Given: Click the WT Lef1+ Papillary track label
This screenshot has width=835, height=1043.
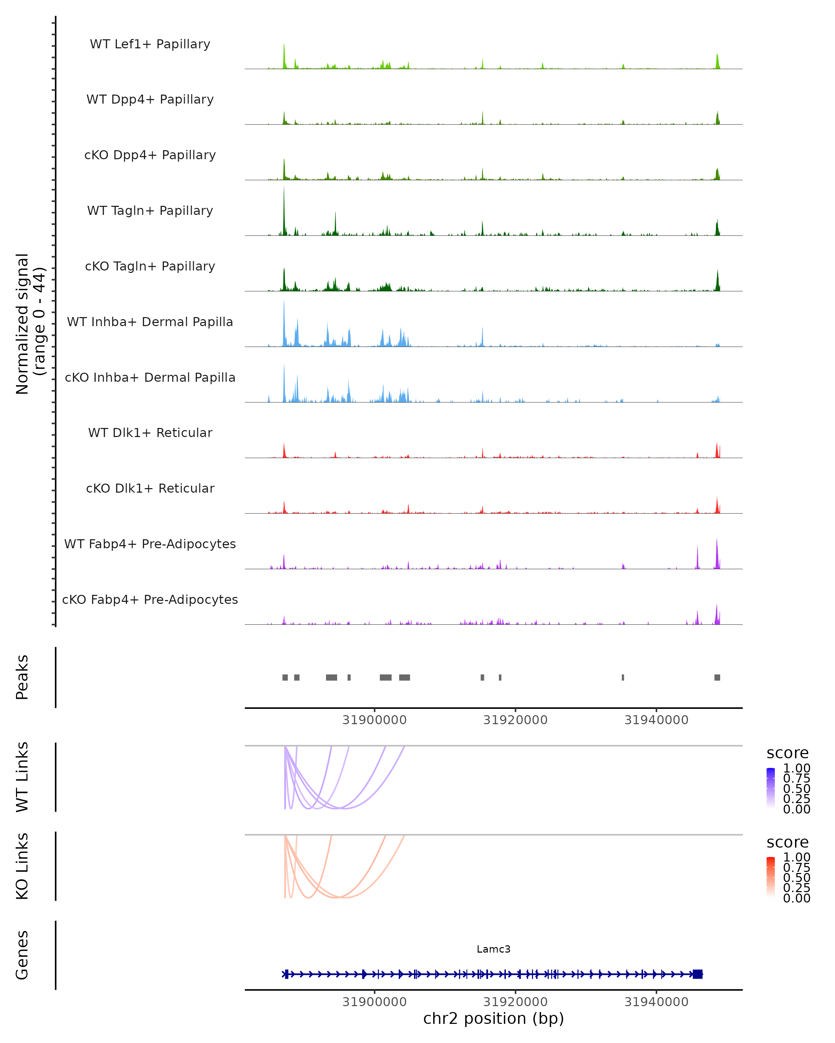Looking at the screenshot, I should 150,44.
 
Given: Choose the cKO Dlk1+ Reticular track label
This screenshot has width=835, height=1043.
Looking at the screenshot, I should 150,488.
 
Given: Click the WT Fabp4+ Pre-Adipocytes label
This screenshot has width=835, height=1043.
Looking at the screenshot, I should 150,544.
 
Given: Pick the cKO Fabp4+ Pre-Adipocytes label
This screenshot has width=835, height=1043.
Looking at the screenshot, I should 150,599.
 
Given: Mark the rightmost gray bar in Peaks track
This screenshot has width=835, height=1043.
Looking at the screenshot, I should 717,677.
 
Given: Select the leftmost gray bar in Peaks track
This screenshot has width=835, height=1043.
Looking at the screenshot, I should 285,677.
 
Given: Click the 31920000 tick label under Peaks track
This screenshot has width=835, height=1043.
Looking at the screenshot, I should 515,720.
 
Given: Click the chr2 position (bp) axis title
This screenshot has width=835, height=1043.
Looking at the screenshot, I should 493,1019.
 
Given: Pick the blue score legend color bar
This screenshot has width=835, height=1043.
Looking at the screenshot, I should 771,788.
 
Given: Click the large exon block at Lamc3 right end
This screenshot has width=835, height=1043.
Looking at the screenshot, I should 697,974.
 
